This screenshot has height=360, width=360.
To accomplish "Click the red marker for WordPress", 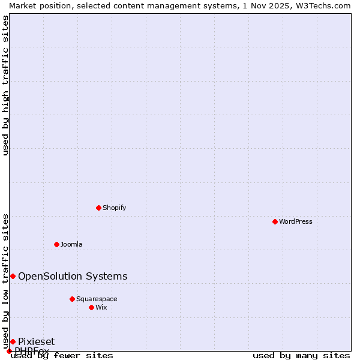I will pos(275,221).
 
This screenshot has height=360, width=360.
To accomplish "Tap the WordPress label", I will pos(296,221).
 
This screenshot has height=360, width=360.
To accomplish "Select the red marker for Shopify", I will pos(98,208).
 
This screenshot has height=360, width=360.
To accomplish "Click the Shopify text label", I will pos(114,208).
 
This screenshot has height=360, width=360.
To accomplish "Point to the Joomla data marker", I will pos(56,244).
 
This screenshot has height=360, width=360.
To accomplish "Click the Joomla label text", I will pos(71,244).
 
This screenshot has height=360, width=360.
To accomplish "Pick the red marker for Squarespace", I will pos(72,299).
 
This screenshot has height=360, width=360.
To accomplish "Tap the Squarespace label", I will pos(97,299).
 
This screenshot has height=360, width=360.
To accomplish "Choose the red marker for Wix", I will pos(91,307).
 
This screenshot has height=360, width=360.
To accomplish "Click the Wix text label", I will pos(101,307).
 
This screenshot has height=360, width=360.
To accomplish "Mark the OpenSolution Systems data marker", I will pos(13,276).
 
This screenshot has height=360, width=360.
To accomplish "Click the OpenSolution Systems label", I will pos(73,276).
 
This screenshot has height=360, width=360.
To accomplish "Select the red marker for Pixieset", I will pos(13,341).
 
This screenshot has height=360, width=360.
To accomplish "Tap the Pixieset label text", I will pos(36,341).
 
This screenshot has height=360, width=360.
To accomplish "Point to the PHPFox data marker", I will pos(9,351).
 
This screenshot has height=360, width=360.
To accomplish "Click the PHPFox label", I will pos(32,351).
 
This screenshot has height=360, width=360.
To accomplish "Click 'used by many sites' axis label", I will pos(301,355).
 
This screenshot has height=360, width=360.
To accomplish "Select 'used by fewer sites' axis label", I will pos(62,355).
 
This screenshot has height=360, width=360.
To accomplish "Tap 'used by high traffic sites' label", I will pos(6,85).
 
